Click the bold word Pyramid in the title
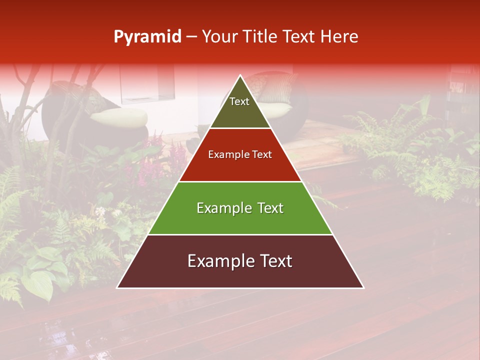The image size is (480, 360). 147,37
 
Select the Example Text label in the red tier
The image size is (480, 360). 240,154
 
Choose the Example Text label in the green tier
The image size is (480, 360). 240,208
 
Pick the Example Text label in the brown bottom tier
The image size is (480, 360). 240,261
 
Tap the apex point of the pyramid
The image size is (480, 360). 240,76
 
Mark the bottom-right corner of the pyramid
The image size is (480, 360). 363,287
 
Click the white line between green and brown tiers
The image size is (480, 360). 240,234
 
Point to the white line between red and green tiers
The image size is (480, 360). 240,181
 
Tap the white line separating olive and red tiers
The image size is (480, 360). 240,128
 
